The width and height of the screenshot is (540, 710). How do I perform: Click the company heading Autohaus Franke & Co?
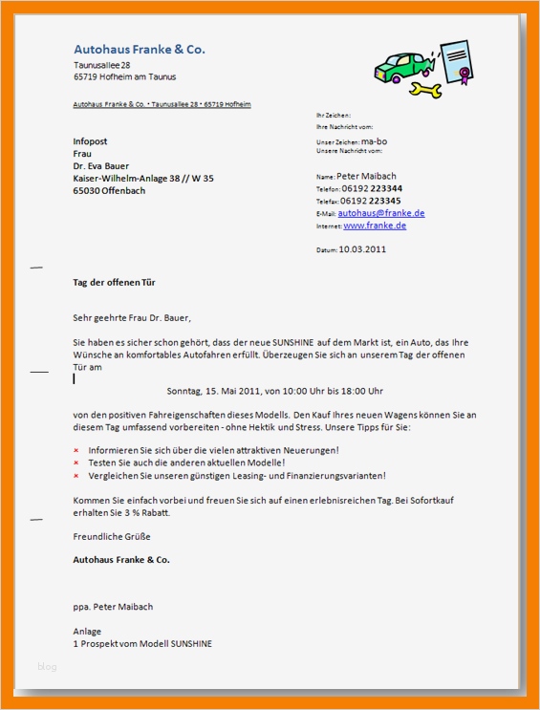[139, 50]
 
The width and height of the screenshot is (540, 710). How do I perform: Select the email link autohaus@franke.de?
[380, 213]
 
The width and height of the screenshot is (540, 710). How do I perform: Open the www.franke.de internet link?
[375, 226]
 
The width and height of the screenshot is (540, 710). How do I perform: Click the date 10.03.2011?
[362, 249]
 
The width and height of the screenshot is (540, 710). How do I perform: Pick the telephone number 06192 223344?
[372, 189]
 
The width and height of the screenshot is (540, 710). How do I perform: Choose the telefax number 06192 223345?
[372, 202]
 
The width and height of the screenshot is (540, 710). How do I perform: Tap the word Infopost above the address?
[90, 141]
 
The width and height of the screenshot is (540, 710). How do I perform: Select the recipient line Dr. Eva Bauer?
[101, 165]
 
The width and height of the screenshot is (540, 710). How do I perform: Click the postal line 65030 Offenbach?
[110, 190]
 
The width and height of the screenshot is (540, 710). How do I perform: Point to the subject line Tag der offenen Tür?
[114, 283]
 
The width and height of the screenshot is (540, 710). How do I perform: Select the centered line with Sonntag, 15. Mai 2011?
[274, 391]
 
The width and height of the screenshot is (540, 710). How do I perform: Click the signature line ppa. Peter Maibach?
[113, 607]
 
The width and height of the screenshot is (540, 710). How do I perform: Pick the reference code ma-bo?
[374, 141]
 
